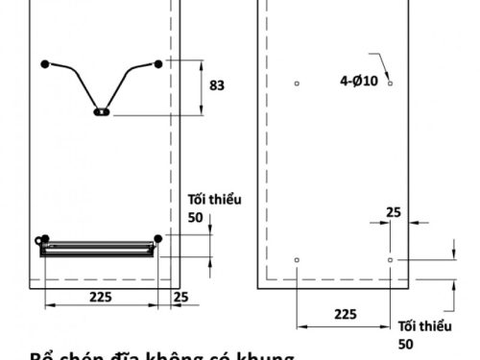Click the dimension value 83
click(x=216, y=85)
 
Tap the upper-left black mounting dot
click(x=45, y=64)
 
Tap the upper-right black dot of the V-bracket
click(x=158, y=64)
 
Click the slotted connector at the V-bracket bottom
click(x=102, y=111)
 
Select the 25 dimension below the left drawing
click(x=181, y=298)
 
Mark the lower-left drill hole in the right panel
click(x=298, y=260)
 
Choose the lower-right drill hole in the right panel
click(x=390, y=260)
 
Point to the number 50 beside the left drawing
click(x=196, y=218)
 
